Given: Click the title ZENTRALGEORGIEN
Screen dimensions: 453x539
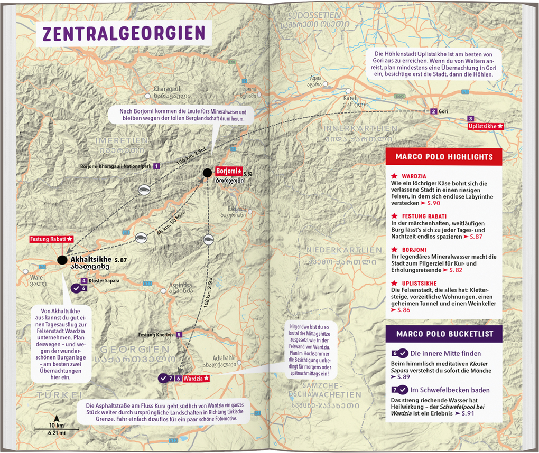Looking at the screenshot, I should pyautogui.click(x=123, y=33).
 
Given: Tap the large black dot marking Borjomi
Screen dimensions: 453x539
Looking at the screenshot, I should pyautogui.click(x=208, y=173).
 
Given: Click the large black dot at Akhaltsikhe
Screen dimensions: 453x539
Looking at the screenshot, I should pyautogui.click(x=62, y=259).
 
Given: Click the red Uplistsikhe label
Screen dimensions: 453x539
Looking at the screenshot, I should pyautogui.click(x=486, y=127).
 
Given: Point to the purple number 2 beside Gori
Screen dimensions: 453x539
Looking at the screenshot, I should pyautogui.click(x=433, y=111).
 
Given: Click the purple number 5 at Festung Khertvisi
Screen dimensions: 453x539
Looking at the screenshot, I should pyautogui.click(x=179, y=334).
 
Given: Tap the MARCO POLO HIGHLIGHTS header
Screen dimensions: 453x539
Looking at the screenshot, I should pyautogui.click(x=444, y=157).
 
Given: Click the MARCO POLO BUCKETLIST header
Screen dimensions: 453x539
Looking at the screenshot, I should pyautogui.click(x=444, y=334).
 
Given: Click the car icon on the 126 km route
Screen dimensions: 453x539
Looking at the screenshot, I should pyautogui.click(x=144, y=190).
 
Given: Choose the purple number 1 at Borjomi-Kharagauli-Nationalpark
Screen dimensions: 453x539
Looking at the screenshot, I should pyautogui.click(x=157, y=166).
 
